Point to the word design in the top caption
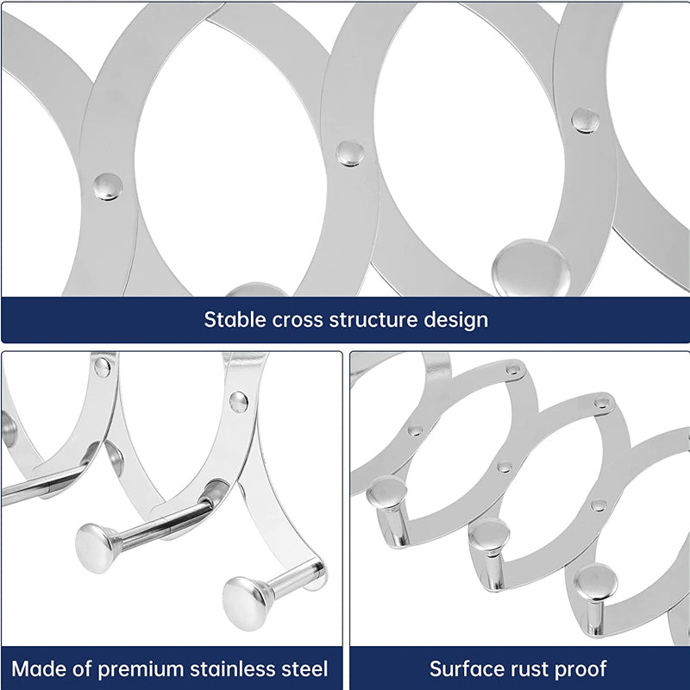pyautogui.click(x=455, y=319)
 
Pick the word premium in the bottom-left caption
pyautogui.click(x=139, y=668)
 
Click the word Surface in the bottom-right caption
pyautogui.click(x=464, y=668)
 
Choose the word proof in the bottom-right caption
pyautogui.click(x=579, y=668)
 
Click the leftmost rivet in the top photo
pyautogui.click(x=108, y=185)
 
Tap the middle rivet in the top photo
pyautogui.click(x=349, y=154)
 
